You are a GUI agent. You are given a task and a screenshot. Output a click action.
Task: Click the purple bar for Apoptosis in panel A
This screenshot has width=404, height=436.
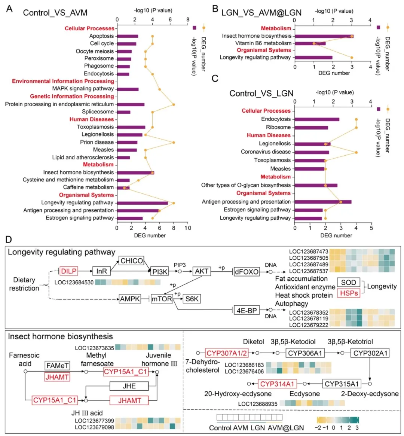pos(128,36)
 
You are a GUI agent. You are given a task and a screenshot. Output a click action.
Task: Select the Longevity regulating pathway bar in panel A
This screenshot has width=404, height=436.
pos(142,203)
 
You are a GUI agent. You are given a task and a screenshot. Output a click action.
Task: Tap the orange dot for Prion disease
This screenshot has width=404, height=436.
pos(174,142)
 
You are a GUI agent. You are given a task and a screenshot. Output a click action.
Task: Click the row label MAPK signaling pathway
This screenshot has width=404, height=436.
pos(83,89)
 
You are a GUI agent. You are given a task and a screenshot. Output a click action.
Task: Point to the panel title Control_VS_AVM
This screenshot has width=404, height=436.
pos(55,13)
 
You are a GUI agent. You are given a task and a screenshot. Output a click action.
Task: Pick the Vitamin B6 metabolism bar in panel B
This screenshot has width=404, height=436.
pos(310,43)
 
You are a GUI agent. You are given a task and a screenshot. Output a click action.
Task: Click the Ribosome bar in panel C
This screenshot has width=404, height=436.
pos(311,128)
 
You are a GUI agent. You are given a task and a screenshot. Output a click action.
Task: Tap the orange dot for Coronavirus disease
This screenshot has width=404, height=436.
pos(356,152)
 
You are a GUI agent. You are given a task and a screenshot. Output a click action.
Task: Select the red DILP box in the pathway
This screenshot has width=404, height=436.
pos(69,271)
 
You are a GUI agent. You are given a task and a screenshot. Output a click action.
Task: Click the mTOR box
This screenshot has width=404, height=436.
pos(162,299)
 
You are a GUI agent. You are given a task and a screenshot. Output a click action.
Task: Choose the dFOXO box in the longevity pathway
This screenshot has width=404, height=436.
pos(247,271)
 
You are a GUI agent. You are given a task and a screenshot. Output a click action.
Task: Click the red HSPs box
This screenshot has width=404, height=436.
pos(349,293)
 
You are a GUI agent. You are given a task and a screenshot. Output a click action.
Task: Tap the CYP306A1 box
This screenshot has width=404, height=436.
pos(305,353)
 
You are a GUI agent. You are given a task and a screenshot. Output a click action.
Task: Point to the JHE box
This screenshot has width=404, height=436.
pos(129,386)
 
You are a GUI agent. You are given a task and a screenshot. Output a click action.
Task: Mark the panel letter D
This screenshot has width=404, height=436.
pos(8,239)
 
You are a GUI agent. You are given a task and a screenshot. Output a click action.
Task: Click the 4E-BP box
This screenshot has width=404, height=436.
pos(247,310)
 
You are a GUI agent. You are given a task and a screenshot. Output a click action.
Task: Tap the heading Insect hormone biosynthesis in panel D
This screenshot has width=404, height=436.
pos(60,336)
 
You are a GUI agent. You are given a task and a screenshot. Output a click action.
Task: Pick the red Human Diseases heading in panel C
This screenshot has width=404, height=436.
pos(269,135)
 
